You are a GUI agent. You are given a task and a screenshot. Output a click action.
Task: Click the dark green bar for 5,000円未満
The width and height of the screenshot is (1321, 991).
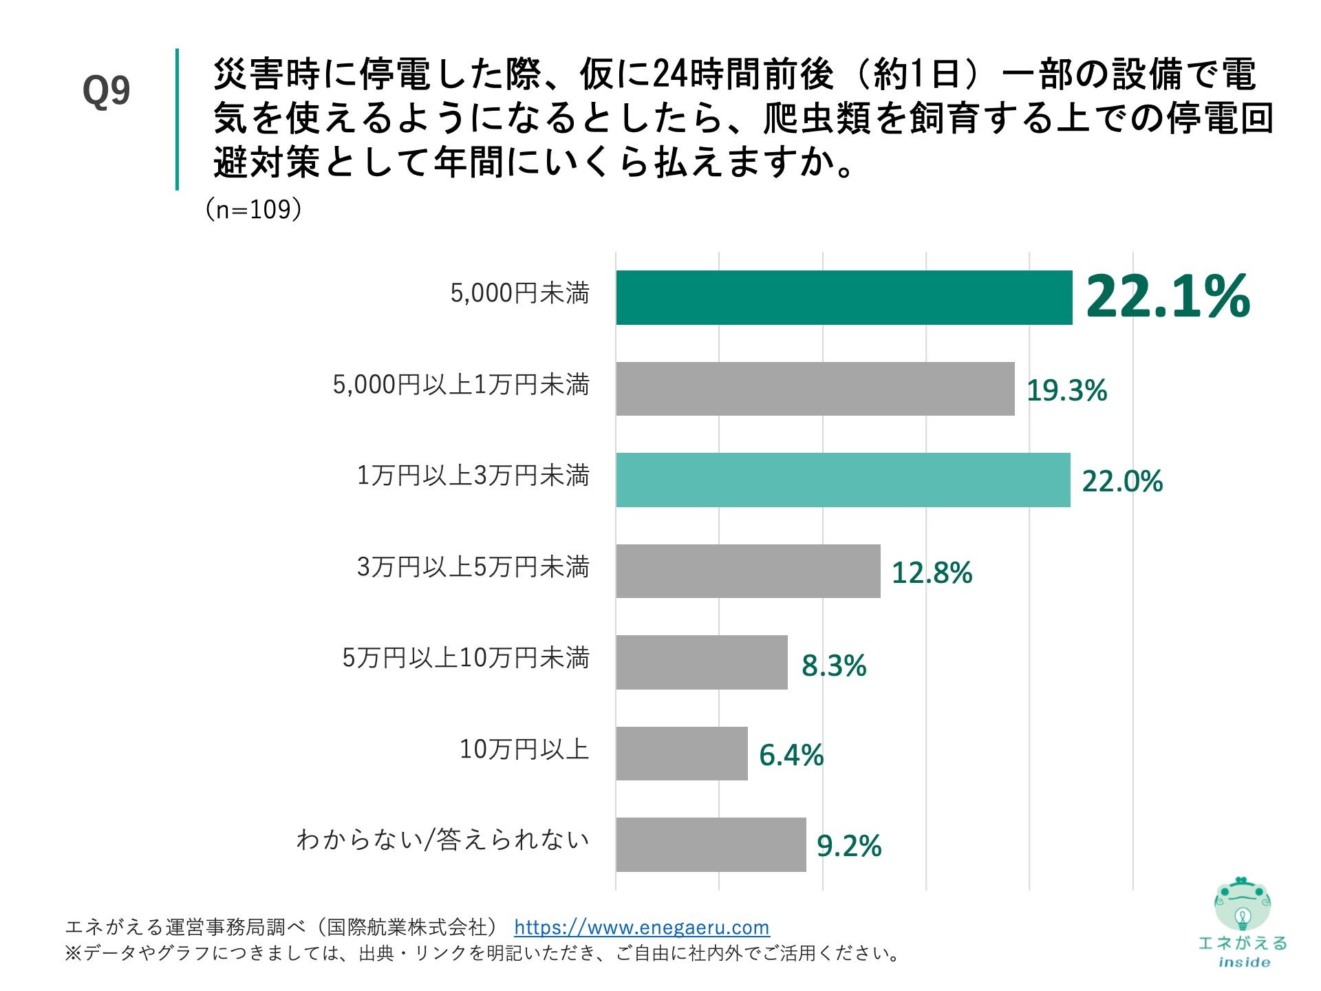point(844,297)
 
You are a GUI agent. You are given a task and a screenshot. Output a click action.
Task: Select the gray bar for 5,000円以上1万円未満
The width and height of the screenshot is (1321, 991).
point(815,389)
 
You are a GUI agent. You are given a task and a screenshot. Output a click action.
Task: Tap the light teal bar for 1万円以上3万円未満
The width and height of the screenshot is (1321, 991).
point(843,480)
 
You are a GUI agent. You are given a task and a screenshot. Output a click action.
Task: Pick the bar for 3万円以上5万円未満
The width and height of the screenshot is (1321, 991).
point(748,571)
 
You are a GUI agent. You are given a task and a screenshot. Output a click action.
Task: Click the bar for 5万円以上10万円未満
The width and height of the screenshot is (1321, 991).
point(701,662)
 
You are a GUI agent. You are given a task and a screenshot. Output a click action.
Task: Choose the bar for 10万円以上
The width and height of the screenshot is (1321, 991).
point(681,754)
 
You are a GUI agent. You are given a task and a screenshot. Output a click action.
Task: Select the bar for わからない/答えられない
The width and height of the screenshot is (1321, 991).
point(711,844)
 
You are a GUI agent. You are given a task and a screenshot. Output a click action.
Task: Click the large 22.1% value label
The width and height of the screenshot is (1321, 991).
point(1168,297)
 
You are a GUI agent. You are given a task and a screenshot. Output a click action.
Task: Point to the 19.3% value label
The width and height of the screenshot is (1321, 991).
point(1066,390)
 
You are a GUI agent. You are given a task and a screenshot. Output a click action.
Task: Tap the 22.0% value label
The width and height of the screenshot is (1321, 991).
point(1122,481)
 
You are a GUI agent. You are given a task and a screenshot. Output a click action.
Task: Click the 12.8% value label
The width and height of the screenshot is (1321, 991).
point(932,573)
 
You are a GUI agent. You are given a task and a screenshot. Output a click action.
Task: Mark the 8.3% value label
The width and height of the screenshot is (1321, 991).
point(834,665)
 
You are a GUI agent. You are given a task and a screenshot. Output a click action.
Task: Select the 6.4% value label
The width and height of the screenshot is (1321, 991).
point(791,755)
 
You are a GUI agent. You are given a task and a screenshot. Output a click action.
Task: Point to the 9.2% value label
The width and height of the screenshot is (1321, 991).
point(849,846)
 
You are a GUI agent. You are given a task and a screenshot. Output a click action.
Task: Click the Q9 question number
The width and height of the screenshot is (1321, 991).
point(106,90)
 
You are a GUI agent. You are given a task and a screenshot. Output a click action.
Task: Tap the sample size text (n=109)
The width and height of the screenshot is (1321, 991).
point(253,209)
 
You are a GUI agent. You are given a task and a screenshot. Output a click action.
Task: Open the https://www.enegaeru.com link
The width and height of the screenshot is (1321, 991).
point(641,927)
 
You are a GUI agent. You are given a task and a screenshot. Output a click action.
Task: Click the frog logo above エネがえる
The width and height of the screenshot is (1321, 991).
point(1243,904)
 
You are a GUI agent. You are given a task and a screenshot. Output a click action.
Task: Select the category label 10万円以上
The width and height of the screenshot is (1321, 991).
point(524,749)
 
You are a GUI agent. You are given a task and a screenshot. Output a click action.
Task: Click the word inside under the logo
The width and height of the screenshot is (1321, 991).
point(1244,962)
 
